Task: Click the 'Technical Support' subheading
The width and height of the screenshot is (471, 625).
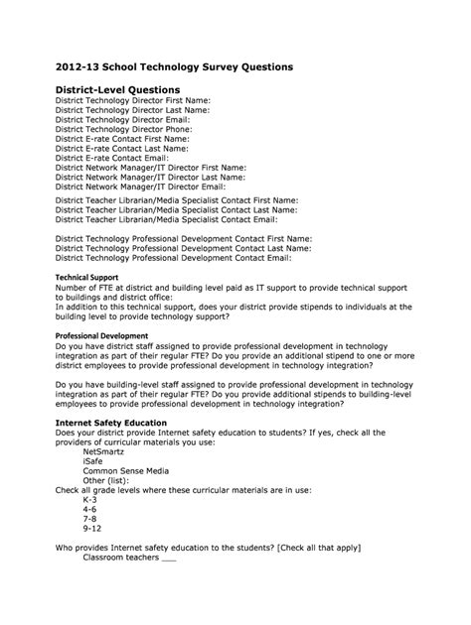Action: pyautogui.click(x=86, y=278)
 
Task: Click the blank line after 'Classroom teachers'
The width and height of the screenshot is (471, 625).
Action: pyautogui.click(x=168, y=560)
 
